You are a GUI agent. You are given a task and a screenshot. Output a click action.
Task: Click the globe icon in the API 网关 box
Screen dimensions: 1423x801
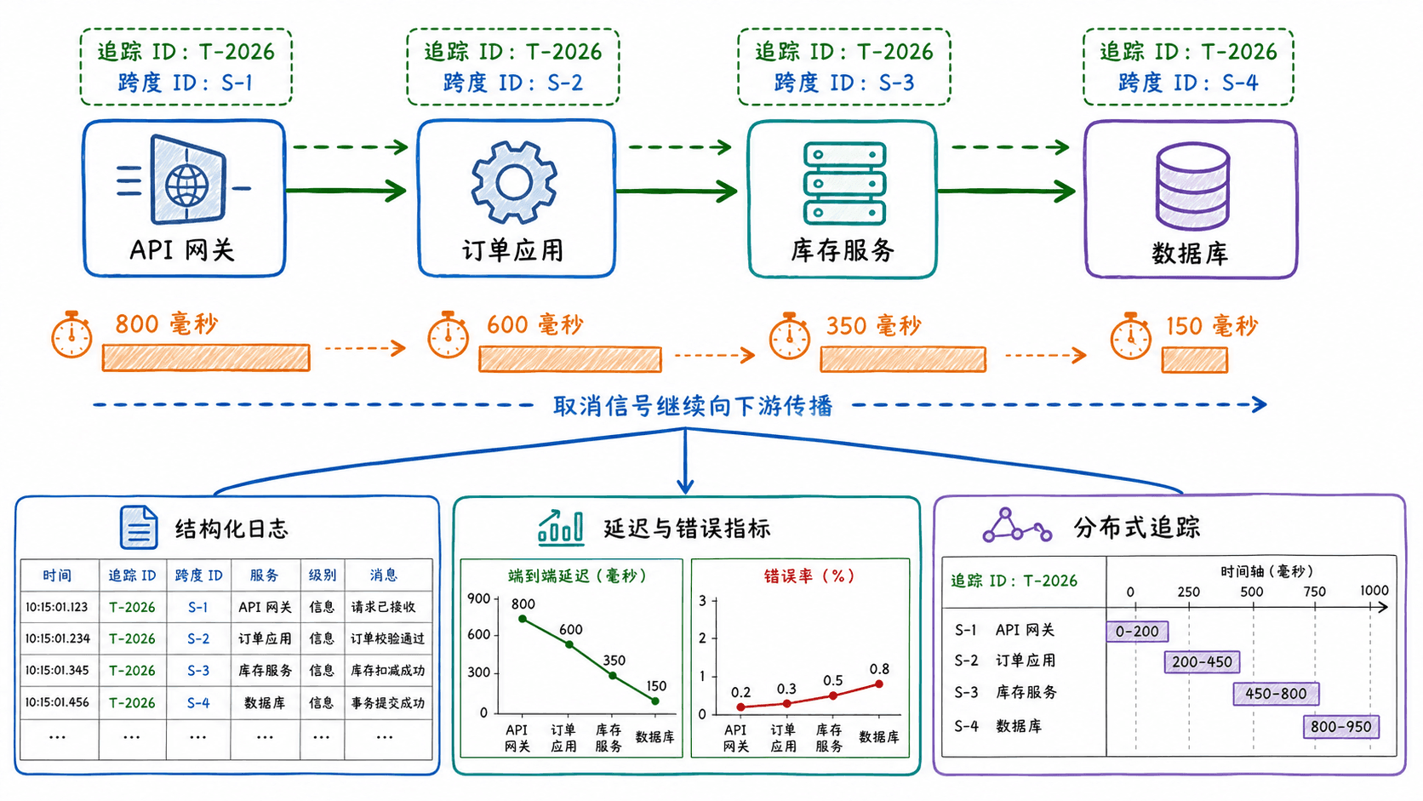pyautogui.click(x=186, y=186)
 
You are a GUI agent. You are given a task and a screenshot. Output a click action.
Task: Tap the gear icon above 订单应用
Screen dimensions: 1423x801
pyautogui.click(x=514, y=182)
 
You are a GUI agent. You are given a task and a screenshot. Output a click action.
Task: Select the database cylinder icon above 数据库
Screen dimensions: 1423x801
pyautogui.click(x=1192, y=186)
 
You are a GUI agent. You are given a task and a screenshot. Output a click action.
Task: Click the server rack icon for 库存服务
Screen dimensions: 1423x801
pyautogui.click(x=844, y=184)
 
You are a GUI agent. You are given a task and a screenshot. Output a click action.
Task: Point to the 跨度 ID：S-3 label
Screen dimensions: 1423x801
pyautogui.click(x=843, y=83)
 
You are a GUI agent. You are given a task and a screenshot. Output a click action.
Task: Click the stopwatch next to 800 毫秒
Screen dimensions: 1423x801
pyautogui.click(x=71, y=335)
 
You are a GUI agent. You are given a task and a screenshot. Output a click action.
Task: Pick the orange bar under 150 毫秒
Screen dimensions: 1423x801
pyautogui.click(x=1194, y=360)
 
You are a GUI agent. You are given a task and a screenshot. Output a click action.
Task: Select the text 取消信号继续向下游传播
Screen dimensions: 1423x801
pyautogui.click(x=693, y=405)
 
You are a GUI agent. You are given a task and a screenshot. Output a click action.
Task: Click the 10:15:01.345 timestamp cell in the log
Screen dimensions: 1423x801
pyautogui.click(x=58, y=670)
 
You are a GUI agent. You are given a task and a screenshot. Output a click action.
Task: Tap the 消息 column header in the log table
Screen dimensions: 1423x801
pyautogui.click(x=383, y=575)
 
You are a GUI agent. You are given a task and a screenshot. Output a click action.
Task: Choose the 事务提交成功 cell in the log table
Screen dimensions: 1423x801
pyautogui.click(x=387, y=702)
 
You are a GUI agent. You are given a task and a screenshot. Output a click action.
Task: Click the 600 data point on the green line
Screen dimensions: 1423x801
pyautogui.click(x=569, y=644)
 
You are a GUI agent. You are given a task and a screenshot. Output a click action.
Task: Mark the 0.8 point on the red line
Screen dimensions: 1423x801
pyautogui.click(x=879, y=684)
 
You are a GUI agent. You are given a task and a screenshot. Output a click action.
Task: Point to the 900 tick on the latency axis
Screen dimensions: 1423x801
pyautogui.click(x=479, y=598)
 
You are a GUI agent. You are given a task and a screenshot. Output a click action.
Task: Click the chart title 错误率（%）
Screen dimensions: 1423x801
pyautogui.click(x=809, y=575)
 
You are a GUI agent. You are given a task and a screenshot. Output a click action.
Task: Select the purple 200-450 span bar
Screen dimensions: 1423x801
pyautogui.click(x=1202, y=662)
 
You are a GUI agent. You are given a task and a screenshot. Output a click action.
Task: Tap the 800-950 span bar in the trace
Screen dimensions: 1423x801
pyautogui.click(x=1341, y=727)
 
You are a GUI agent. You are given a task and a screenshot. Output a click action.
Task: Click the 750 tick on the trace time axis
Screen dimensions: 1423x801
pyautogui.click(x=1314, y=592)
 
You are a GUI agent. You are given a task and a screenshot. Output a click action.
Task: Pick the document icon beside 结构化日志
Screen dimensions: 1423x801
pyautogui.click(x=139, y=527)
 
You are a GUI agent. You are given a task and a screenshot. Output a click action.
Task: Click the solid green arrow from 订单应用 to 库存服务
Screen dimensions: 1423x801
pyautogui.click(x=677, y=191)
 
